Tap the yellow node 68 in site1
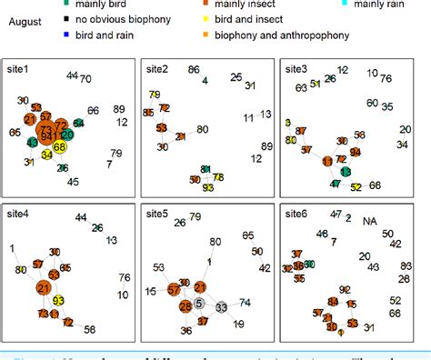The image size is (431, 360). tap(61, 146)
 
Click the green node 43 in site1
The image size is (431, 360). tap(34, 142)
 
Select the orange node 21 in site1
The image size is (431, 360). tap(30, 120)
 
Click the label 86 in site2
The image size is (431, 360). tap(194, 70)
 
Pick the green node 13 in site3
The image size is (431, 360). tap(345, 171)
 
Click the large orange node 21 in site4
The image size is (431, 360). tap(44, 288)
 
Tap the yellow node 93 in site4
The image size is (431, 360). tap(59, 300)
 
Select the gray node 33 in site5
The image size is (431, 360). tap(222, 308)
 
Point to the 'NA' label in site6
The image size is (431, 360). tap(369, 221)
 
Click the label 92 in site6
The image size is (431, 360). tap(344, 290)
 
